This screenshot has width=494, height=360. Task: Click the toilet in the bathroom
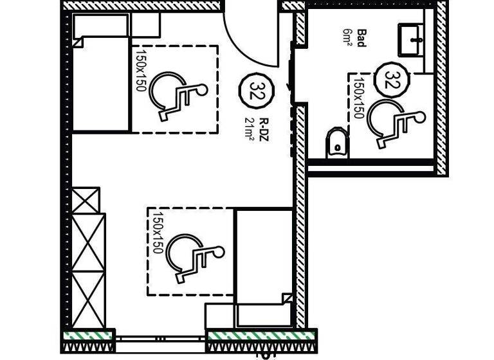336,143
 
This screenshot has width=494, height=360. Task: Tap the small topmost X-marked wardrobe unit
86,201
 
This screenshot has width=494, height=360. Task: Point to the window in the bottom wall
161,339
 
